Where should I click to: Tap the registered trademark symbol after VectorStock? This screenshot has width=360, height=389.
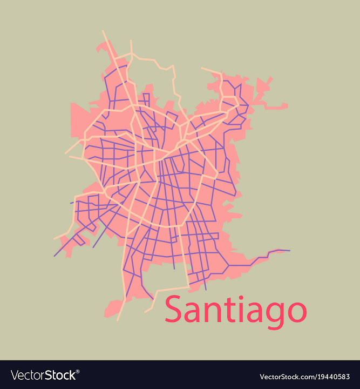click(x=78, y=371)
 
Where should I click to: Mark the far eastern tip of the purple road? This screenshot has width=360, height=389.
click(x=289, y=251)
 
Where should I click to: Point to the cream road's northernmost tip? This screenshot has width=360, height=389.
click(x=103, y=31)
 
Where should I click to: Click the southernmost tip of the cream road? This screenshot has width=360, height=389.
click(x=118, y=320)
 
